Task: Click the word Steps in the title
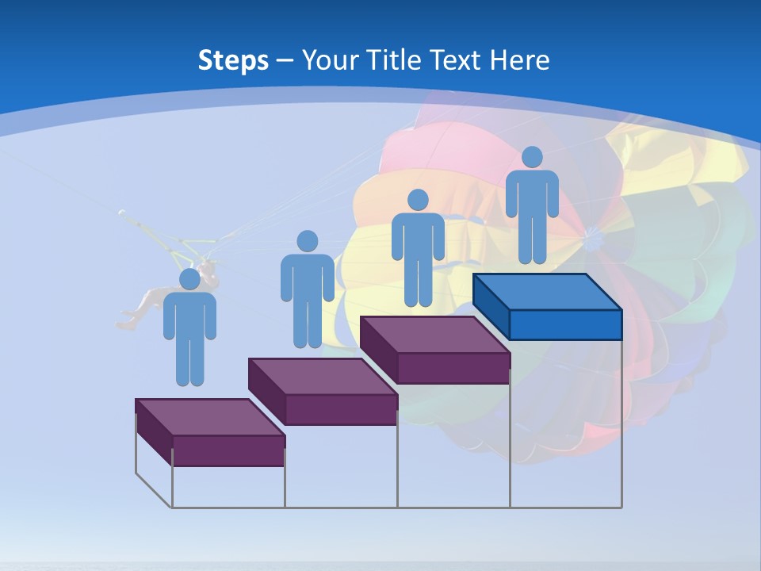[x=233, y=60]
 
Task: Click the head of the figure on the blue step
[x=532, y=157]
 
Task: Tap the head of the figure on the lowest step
[x=189, y=279]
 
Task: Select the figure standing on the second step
[x=307, y=289]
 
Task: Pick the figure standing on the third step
[x=418, y=247]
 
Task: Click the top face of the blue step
[x=547, y=292]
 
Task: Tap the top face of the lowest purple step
[x=210, y=417]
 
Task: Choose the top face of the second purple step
[x=323, y=376]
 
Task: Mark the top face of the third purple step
[x=435, y=335]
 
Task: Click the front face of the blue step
[x=565, y=325]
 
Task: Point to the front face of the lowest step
[x=228, y=450]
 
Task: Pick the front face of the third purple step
[x=453, y=368]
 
